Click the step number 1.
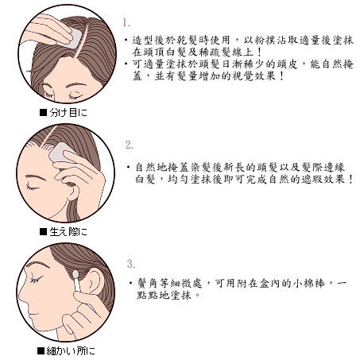click(126, 22)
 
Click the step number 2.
click(130, 145)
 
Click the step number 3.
click(131, 264)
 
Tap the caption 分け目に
click(68, 113)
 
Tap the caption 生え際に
click(68, 232)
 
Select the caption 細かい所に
click(71, 351)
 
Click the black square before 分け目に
click(43, 113)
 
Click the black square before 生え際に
click(43, 232)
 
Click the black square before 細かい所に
click(41, 351)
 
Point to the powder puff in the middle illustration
click(61, 153)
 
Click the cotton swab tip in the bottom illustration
click(75, 274)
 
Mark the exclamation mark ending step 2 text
click(350, 180)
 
